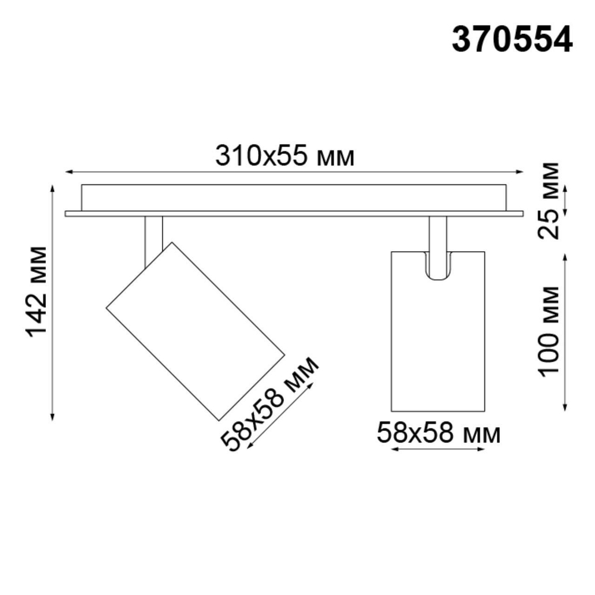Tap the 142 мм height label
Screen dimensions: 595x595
[37, 291]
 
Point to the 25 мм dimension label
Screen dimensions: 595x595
[548, 200]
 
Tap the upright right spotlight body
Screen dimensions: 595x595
[438, 345]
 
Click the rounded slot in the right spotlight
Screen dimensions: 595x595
[438, 265]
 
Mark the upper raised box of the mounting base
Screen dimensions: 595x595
[294, 197]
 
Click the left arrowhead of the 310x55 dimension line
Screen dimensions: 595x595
[68, 173]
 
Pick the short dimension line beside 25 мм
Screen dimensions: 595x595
[565, 201]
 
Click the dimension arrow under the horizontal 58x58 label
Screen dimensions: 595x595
[437, 450]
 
